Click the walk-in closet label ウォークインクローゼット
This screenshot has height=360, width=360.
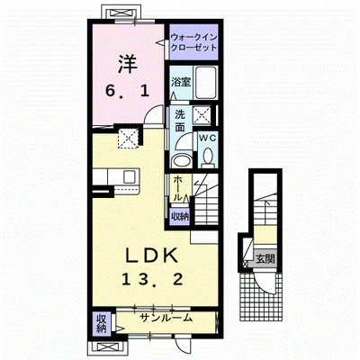pos(193,42)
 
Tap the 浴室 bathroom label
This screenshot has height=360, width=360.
pos(181,82)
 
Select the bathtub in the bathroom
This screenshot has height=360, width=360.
pos(206,82)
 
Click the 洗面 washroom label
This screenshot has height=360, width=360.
pos(180,121)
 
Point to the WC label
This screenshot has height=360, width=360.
pos(208,138)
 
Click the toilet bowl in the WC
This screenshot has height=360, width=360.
pos(208,157)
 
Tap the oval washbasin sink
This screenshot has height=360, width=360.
pos(181,161)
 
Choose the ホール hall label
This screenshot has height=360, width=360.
pos(178,188)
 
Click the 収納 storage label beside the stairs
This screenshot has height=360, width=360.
pos(180,216)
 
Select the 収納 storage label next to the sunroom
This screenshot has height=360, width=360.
pos(102,324)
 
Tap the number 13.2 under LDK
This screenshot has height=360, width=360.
pos(152,280)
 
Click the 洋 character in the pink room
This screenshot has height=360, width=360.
pos(127,65)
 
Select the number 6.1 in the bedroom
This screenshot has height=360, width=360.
pos(127,91)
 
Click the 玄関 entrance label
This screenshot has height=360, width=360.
pos(265,258)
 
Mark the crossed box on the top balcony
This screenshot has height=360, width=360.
pos(121,13)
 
